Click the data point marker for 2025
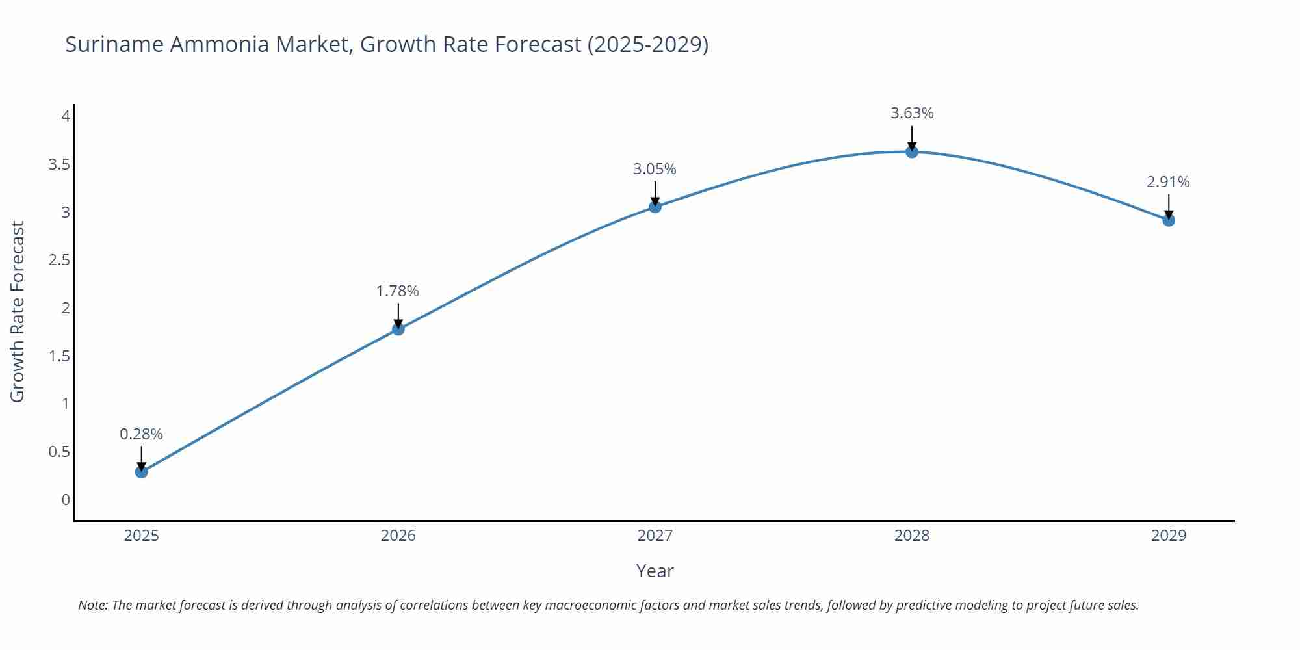141,472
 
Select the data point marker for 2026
398,329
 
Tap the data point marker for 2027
655,207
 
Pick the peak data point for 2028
911,151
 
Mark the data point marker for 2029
1168,220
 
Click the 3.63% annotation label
911,113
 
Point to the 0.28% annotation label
141,434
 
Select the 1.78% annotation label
398,291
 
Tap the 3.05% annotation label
655,169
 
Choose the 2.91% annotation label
1168,182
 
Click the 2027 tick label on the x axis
655,536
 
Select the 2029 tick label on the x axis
1168,536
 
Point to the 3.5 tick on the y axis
59,164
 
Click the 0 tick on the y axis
66,500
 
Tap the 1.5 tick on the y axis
59,356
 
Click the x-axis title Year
655,571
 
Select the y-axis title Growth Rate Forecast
18,311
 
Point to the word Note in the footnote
92,605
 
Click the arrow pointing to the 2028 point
911,137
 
